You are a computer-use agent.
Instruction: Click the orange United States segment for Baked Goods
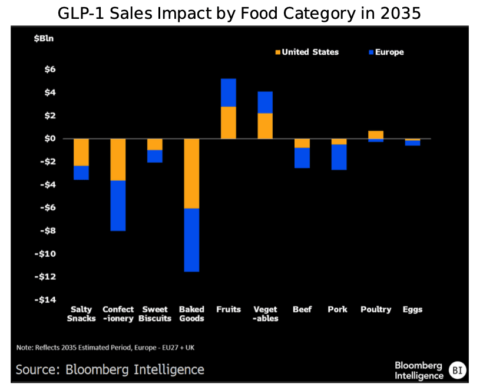tap(191, 173)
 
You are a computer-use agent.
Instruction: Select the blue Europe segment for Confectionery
tap(118, 206)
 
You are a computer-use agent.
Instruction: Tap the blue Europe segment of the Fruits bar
tap(228, 92)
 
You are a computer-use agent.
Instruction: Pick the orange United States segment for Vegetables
tap(265, 126)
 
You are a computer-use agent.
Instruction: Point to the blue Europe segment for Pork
tap(339, 157)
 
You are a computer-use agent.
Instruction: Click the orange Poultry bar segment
tap(376, 135)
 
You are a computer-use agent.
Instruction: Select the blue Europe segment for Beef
tap(302, 158)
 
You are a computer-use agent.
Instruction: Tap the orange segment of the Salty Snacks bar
tap(81, 152)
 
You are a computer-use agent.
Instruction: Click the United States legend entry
tap(306, 52)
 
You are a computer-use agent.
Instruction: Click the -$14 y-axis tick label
tap(45, 300)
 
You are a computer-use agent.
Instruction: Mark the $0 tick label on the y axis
tap(49, 139)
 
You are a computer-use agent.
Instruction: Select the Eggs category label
tap(412, 309)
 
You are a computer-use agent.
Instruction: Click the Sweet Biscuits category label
tap(155, 314)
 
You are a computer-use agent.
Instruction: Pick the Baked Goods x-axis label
tap(191, 314)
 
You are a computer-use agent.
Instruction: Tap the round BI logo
tap(456, 370)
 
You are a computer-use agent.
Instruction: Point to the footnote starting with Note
tap(105, 348)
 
